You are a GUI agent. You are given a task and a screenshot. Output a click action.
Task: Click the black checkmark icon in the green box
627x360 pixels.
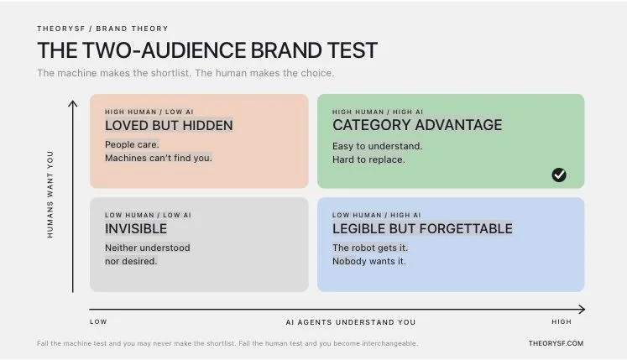coord(559,175)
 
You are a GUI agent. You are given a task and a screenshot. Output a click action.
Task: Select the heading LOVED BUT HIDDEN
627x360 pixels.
coord(169,126)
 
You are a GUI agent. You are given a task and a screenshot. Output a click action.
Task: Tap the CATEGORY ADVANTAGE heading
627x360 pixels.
coord(417,125)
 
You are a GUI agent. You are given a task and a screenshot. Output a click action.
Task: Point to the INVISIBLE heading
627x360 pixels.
coord(136,229)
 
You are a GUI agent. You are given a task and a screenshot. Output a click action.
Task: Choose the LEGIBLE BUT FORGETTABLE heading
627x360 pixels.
coord(422,229)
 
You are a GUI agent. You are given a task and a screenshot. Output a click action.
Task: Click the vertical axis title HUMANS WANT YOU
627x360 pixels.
coord(50,195)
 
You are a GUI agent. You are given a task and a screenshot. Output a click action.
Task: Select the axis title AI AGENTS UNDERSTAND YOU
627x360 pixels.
coord(351,322)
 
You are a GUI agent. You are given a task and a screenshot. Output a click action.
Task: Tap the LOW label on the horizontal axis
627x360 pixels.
coord(98,321)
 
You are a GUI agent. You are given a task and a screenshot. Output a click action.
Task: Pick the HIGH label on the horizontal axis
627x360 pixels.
coord(562,321)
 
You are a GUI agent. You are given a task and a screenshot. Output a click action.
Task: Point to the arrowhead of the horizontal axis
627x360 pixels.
coord(583,309)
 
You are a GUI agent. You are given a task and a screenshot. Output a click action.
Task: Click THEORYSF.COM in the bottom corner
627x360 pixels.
coord(556,343)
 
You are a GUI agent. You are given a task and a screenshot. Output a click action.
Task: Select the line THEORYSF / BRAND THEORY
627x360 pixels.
coord(102,29)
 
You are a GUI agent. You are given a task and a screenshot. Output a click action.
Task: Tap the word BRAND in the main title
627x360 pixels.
coord(286,50)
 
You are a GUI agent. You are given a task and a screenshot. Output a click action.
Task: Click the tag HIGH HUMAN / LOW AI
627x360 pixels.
coord(149,112)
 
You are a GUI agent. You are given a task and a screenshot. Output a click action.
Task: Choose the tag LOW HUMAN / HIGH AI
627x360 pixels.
coord(377,215)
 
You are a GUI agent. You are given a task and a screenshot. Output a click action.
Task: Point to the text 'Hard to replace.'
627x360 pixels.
coord(368,159)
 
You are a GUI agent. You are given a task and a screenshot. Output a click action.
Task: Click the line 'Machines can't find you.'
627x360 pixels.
coord(159,158)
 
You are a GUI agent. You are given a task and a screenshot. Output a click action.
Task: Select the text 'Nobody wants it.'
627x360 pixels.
coord(369,261)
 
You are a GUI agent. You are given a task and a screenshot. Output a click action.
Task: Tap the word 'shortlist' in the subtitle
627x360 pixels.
coord(170,73)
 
